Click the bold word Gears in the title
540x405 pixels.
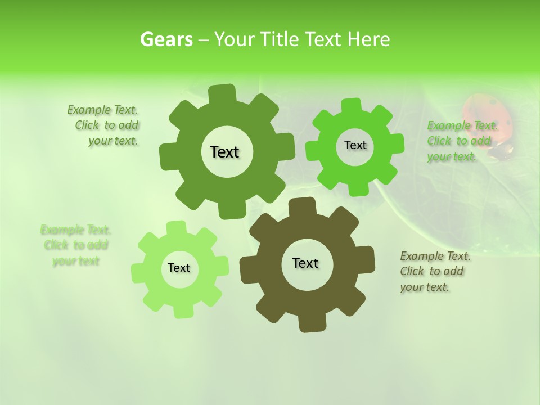(x=166, y=39)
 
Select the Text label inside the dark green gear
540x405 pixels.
(x=224, y=152)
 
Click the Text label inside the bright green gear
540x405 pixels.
(x=355, y=145)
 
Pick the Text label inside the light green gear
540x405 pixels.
(x=179, y=268)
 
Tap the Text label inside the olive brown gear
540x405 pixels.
(x=305, y=263)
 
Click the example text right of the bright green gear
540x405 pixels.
(x=461, y=141)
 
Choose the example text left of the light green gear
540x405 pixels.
(x=75, y=245)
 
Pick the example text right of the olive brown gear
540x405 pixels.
(x=434, y=271)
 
